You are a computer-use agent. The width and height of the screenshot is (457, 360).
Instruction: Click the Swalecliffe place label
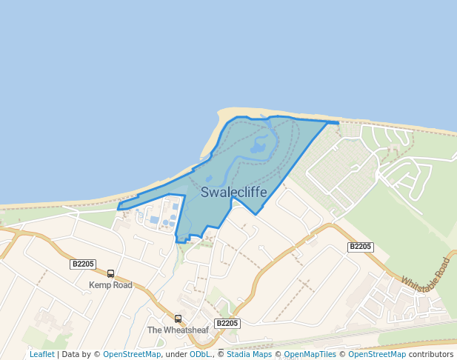pos(234,193)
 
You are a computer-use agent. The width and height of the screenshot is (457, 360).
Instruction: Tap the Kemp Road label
pos(110,285)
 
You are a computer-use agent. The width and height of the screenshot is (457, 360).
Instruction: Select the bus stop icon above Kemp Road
pos(111,273)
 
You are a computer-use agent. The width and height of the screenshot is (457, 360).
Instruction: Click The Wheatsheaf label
pos(178,330)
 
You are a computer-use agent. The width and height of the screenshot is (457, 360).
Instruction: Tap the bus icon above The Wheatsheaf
pos(178,319)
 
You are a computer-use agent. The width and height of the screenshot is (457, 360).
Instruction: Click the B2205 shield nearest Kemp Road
pos(83,264)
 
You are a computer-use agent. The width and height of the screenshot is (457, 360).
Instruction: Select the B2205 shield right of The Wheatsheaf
pos(227,324)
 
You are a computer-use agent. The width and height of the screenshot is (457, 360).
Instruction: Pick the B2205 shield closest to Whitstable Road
pos(361,247)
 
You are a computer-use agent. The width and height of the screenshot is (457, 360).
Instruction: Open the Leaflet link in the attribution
pos(41,354)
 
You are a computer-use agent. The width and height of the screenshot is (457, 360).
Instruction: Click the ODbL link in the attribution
pos(200,354)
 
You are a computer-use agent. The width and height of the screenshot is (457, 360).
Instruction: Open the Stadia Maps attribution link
pos(249,354)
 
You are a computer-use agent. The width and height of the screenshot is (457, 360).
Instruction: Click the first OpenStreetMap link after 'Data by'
pos(132,354)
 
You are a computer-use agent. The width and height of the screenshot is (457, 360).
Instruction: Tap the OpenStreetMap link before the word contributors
pos(377,354)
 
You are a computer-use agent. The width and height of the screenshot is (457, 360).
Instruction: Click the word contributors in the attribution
pos(431,354)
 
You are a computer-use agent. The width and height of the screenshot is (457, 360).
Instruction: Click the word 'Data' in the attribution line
pos(70,354)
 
